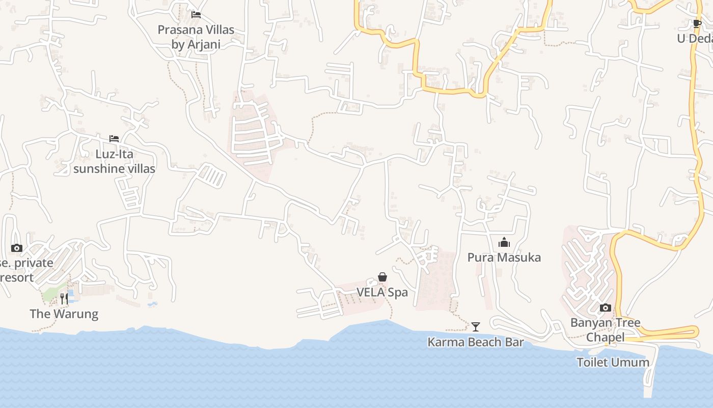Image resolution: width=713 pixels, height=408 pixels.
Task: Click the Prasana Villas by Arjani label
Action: (x=196, y=37)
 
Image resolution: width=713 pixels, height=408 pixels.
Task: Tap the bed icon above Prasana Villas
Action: (x=196, y=15)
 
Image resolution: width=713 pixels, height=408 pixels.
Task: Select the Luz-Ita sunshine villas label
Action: (x=114, y=161)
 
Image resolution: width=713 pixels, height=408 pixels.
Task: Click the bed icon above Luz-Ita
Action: (x=114, y=139)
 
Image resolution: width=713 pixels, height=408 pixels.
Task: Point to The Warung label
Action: (x=64, y=314)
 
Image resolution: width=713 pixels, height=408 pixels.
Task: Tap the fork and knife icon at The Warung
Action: (x=64, y=298)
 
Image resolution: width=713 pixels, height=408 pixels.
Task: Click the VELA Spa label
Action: (x=382, y=293)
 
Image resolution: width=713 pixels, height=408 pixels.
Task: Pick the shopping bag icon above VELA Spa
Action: (x=382, y=277)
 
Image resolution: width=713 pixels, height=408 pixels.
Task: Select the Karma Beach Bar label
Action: (x=475, y=342)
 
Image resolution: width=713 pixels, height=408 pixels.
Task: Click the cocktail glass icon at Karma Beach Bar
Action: (x=476, y=326)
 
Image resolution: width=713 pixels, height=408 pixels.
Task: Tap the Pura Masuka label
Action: (x=504, y=258)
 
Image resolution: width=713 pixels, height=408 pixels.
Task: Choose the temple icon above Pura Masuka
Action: (x=504, y=242)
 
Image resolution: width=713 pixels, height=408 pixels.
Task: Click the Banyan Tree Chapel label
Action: (x=605, y=329)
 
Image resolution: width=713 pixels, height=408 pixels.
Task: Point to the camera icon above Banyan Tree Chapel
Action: (x=605, y=308)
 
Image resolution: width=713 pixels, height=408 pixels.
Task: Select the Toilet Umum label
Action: (x=613, y=363)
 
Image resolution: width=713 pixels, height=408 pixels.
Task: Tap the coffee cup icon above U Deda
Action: (x=697, y=23)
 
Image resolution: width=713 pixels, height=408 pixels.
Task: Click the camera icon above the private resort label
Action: (x=17, y=248)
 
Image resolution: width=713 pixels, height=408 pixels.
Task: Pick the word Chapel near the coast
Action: (x=605, y=337)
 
